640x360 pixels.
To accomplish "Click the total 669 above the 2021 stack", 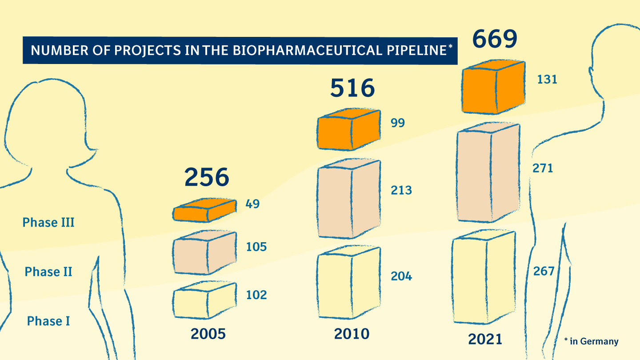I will click(495, 39).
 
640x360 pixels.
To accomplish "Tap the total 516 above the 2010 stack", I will click(352, 88).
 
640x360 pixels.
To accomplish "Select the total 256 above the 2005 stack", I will click(207, 177).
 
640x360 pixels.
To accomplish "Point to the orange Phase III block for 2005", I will click(204, 210).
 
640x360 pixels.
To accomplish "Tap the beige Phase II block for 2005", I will click(204, 252).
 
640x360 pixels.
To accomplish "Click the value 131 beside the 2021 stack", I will click(547, 80).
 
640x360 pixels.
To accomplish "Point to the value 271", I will click(543, 168).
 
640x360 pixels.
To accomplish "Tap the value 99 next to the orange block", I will click(398, 123).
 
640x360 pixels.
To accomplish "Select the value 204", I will click(401, 276).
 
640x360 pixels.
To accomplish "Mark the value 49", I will click(252, 204).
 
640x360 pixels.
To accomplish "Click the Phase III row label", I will click(48, 222).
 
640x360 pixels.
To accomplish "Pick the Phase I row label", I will click(48, 321).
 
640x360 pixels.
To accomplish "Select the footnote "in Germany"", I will click(594, 341).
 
